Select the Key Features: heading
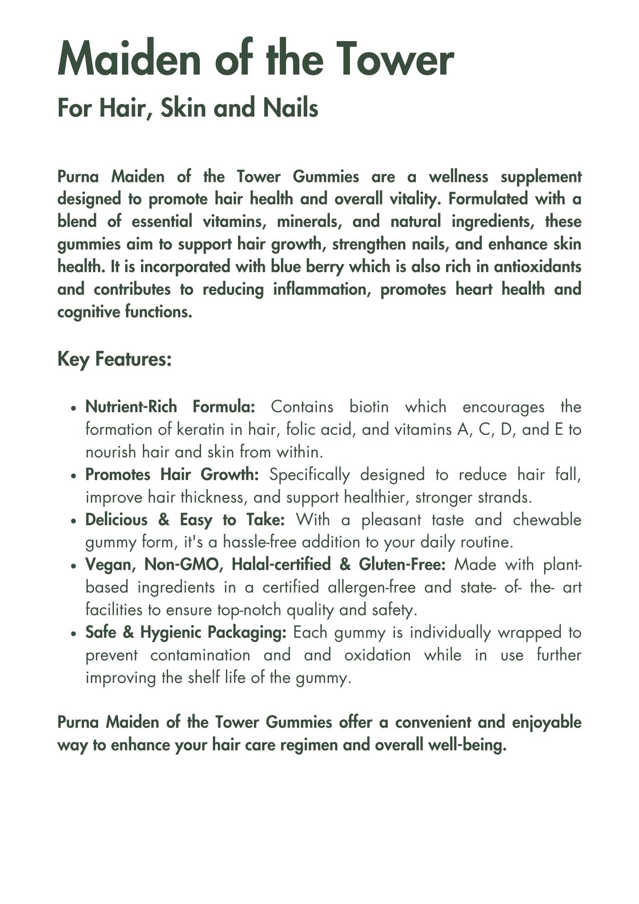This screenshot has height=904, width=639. (x=114, y=359)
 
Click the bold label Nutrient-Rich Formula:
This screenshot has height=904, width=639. (x=170, y=407)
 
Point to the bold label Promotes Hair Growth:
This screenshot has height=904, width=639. (x=172, y=475)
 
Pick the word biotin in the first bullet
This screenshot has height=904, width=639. (x=369, y=407)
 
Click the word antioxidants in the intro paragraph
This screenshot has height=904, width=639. (x=537, y=267)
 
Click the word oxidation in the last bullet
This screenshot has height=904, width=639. (x=377, y=655)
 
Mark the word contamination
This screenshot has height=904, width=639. (x=200, y=655)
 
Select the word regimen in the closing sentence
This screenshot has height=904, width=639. (x=310, y=745)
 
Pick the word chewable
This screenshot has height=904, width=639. (x=547, y=520)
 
